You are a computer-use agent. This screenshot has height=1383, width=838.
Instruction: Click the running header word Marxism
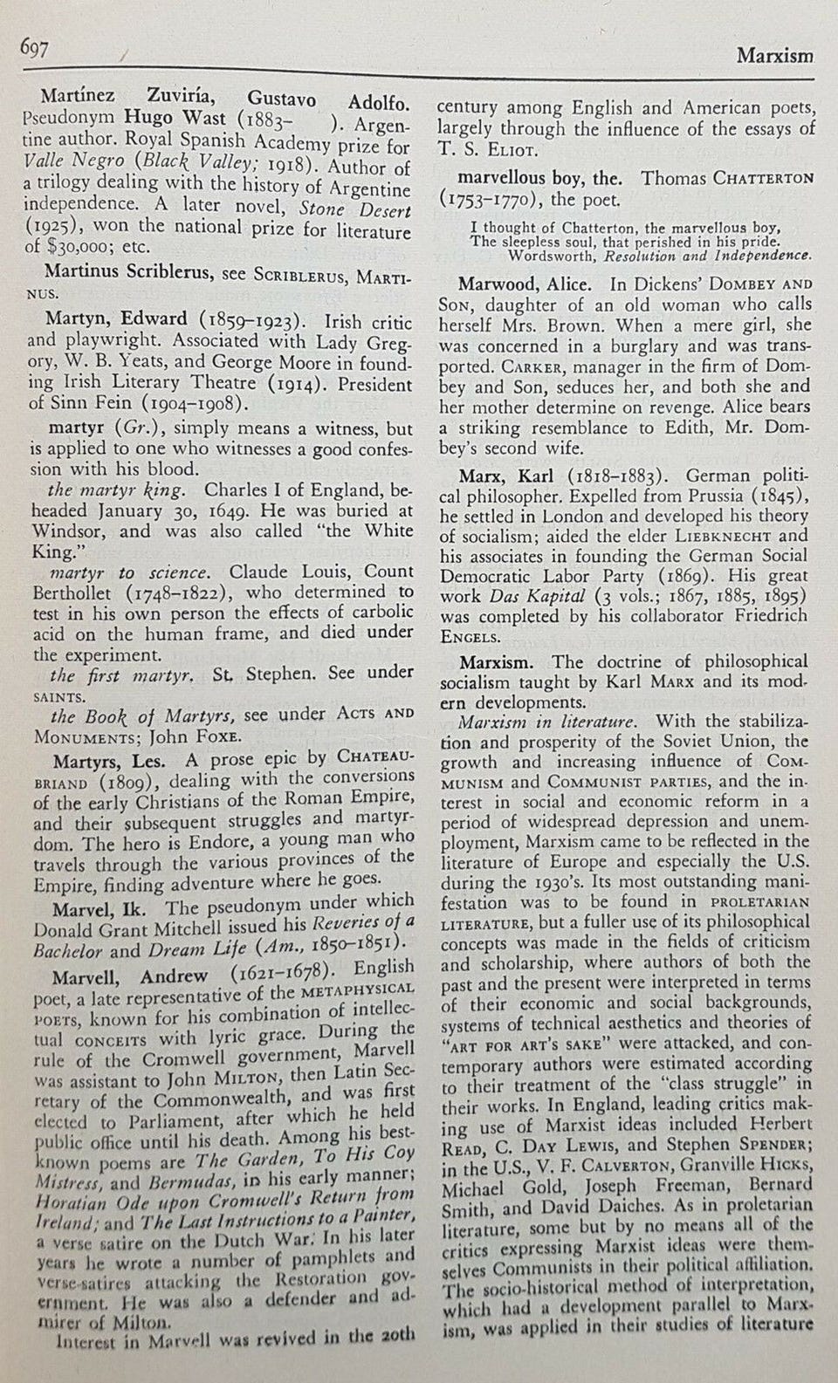click(774, 56)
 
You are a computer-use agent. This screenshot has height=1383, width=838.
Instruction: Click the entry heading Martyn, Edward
click(116, 318)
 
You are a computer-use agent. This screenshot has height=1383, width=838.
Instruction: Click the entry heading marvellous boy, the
click(541, 178)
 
